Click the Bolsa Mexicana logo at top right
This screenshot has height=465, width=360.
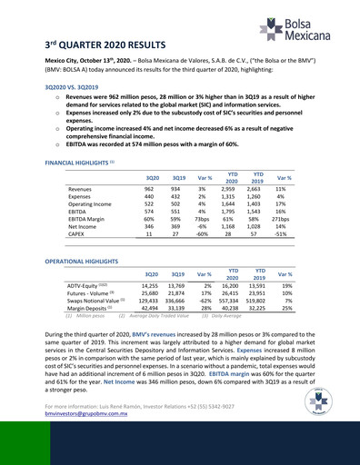(x=301, y=28)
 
